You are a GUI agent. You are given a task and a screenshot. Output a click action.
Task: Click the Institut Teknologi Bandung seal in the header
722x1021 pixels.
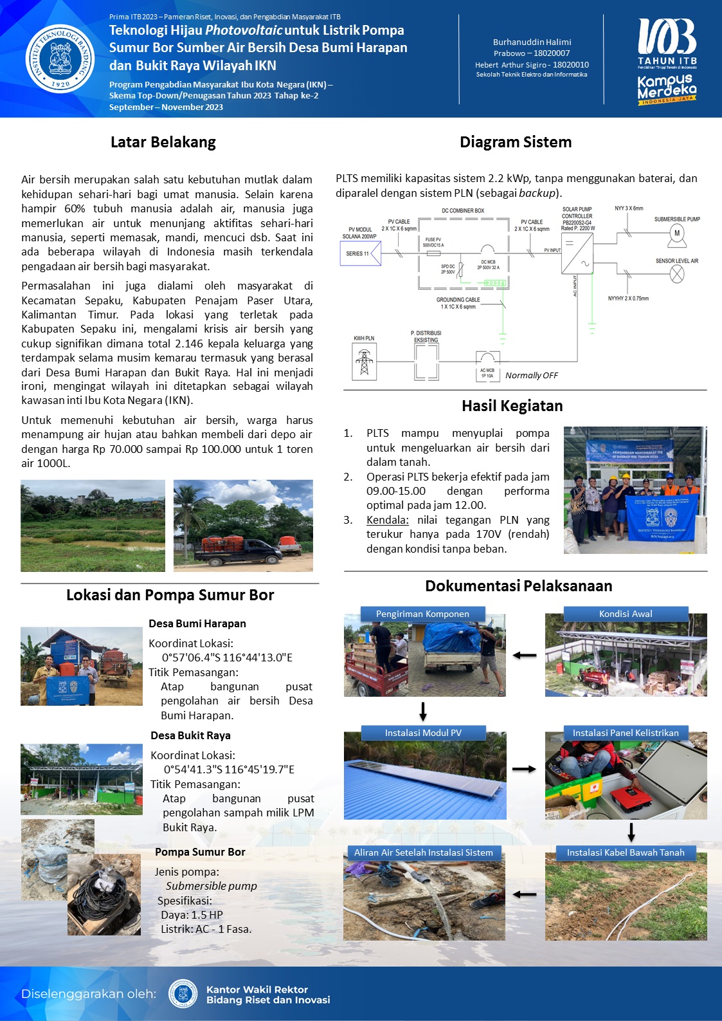click(x=59, y=59)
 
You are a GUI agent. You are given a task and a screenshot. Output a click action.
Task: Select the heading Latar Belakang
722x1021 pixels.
click(x=163, y=142)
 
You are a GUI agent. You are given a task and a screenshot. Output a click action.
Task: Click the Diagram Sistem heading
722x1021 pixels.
click(x=516, y=142)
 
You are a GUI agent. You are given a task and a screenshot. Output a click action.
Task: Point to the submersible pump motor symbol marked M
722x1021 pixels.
click(x=676, y=234)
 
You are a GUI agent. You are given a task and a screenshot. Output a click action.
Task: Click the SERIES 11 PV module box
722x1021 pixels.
click(x=357, y=253)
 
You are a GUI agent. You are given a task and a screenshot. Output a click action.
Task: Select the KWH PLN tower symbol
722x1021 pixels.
click(x=365, y=362)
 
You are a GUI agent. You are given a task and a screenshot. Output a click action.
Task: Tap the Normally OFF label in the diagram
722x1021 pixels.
click(x=532, y=375)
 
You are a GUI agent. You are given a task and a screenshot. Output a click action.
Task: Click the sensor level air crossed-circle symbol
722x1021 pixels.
click(x=677, y=274)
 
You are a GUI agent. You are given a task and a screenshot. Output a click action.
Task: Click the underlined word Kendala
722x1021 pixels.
click(x=388, y=520)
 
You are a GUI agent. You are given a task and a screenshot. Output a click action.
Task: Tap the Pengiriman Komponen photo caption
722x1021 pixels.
click(x=422, y=614)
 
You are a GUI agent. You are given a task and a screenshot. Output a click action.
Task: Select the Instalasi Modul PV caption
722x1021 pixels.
click(x=423, y=733)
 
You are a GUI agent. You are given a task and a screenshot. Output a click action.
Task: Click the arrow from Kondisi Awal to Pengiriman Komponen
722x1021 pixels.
click(x=525, y=655)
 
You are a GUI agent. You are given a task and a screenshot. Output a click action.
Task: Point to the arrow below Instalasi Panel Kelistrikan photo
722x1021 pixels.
click(x=631, y=832)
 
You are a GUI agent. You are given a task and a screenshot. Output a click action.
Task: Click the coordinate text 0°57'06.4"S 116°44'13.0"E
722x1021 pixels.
click(x=227, y=658)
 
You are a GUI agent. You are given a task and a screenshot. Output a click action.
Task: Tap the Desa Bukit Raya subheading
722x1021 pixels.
click(x=190, y=735)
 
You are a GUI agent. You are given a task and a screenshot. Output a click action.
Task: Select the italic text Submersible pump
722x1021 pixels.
click(x=211, y=886)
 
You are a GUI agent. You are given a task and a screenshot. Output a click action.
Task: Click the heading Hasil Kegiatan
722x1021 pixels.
click(x=512, y=406)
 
